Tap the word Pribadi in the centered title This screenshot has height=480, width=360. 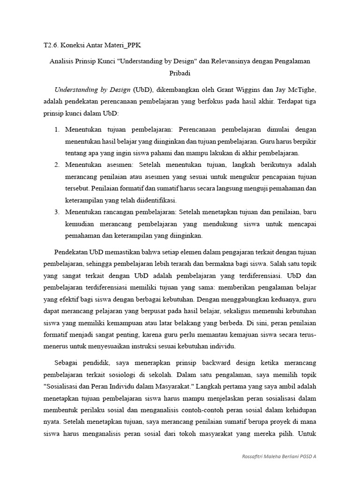pyautogui.click(x=180, y=74)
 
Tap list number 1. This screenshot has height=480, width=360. pyautogui.click(x=56, y=129)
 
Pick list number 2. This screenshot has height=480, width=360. pyautogui.click(x=56, y=165)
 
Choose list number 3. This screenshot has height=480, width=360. pyautogui.click(x=56, y=212)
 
